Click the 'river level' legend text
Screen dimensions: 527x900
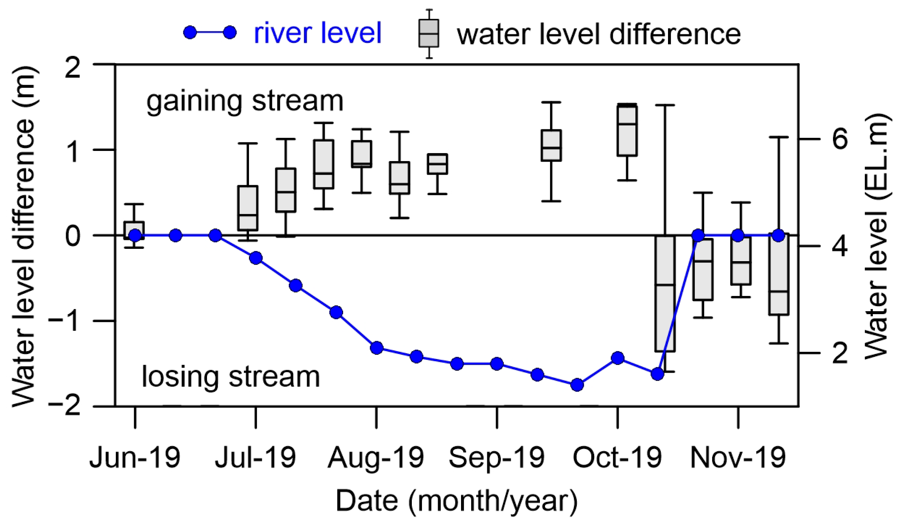(317, 33)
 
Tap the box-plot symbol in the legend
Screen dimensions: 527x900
(428, 33)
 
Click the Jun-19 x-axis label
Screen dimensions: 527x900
(135, 457)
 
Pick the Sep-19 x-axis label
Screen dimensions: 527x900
(496, 457)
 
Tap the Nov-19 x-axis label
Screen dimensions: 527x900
(738, 457)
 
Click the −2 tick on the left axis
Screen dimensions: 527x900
(64, 406)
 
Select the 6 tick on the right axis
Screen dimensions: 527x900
(839, 139)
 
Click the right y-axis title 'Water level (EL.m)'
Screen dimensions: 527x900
(875, 236)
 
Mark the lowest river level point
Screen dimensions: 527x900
(577, 385)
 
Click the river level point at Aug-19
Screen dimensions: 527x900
(377, 348)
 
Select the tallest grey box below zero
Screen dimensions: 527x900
(665, 293)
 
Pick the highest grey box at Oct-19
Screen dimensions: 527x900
(627, 131)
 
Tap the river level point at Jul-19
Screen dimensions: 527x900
(256, 258)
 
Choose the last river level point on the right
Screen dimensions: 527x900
(778, 236)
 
